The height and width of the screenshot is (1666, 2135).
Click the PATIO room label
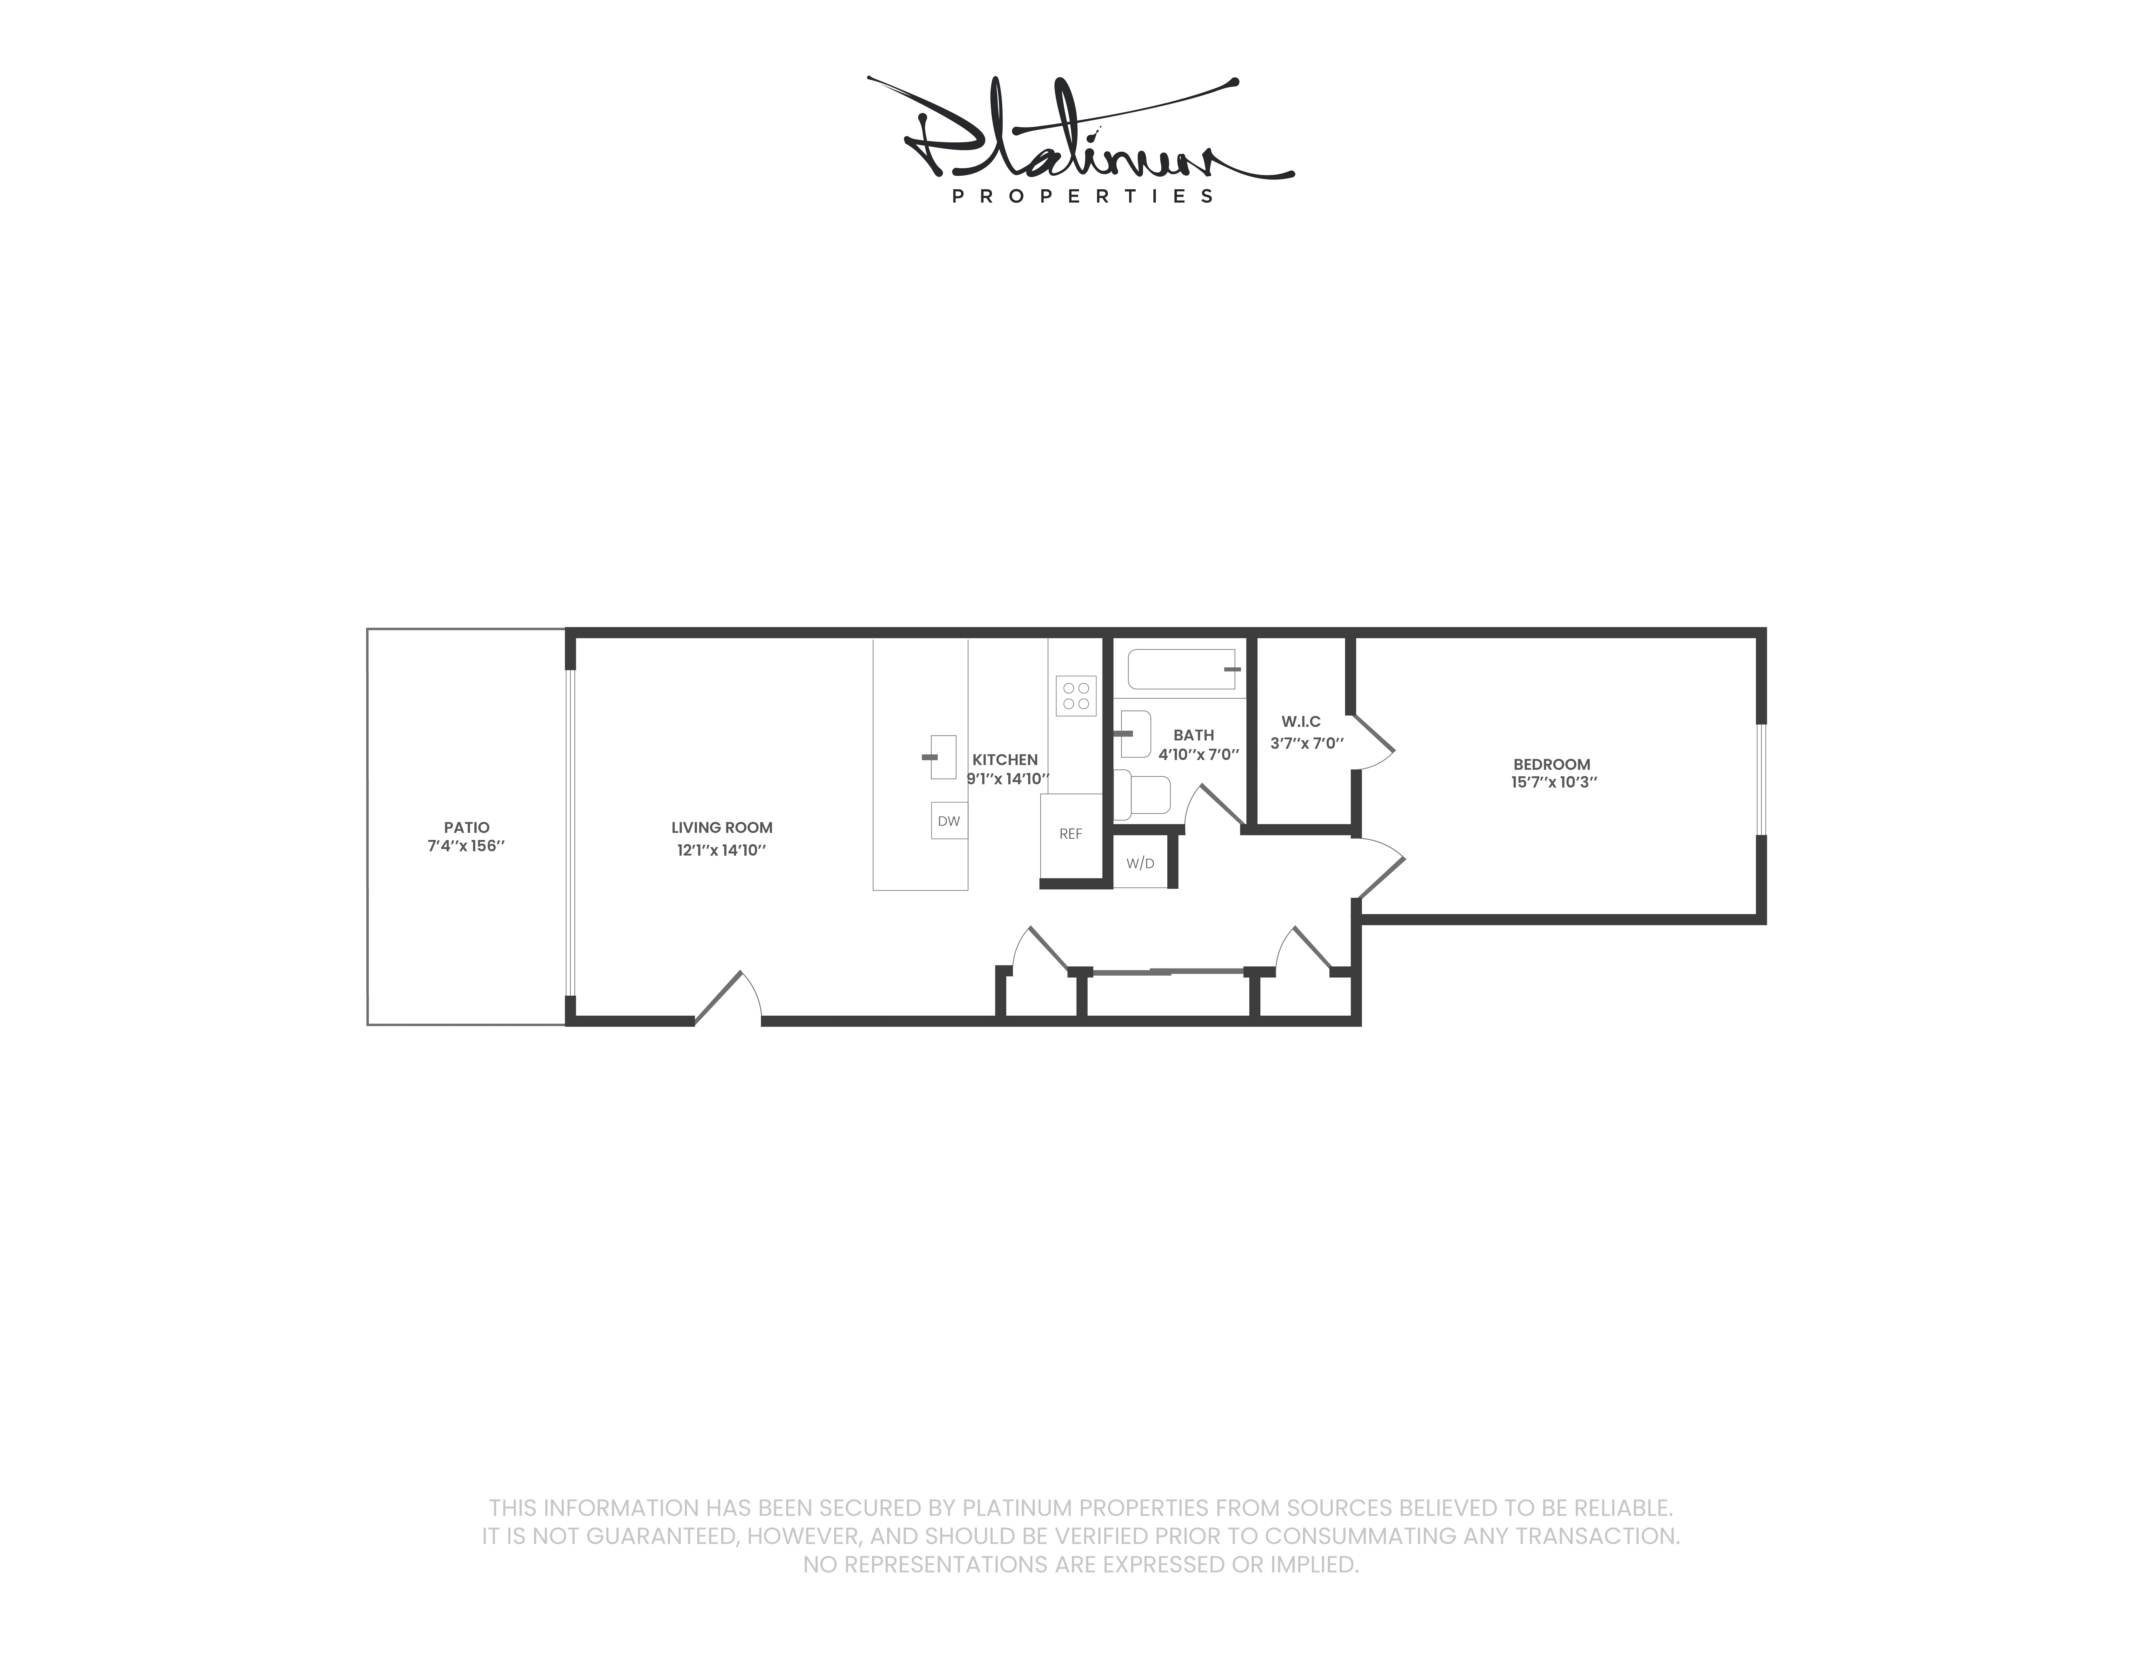[466, 827]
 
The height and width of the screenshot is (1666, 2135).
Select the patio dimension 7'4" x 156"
[466, 846]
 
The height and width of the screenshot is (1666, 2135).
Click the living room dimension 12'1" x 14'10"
[722, 851]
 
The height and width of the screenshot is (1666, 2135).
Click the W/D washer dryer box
[1140, 863]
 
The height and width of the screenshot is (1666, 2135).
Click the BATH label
[1194, 735]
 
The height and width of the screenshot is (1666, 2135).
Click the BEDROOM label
[1551, 764]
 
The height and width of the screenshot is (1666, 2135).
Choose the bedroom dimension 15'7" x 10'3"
[1553, 782]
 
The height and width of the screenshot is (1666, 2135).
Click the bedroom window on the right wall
[1761, 779]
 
